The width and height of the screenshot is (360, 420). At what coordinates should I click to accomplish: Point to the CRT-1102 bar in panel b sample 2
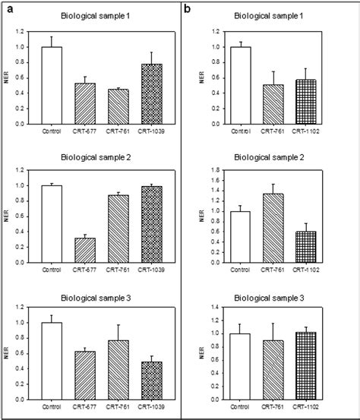(x=305, y=247)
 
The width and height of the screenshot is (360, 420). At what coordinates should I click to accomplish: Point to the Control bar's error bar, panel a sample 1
(x=52, y=41)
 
